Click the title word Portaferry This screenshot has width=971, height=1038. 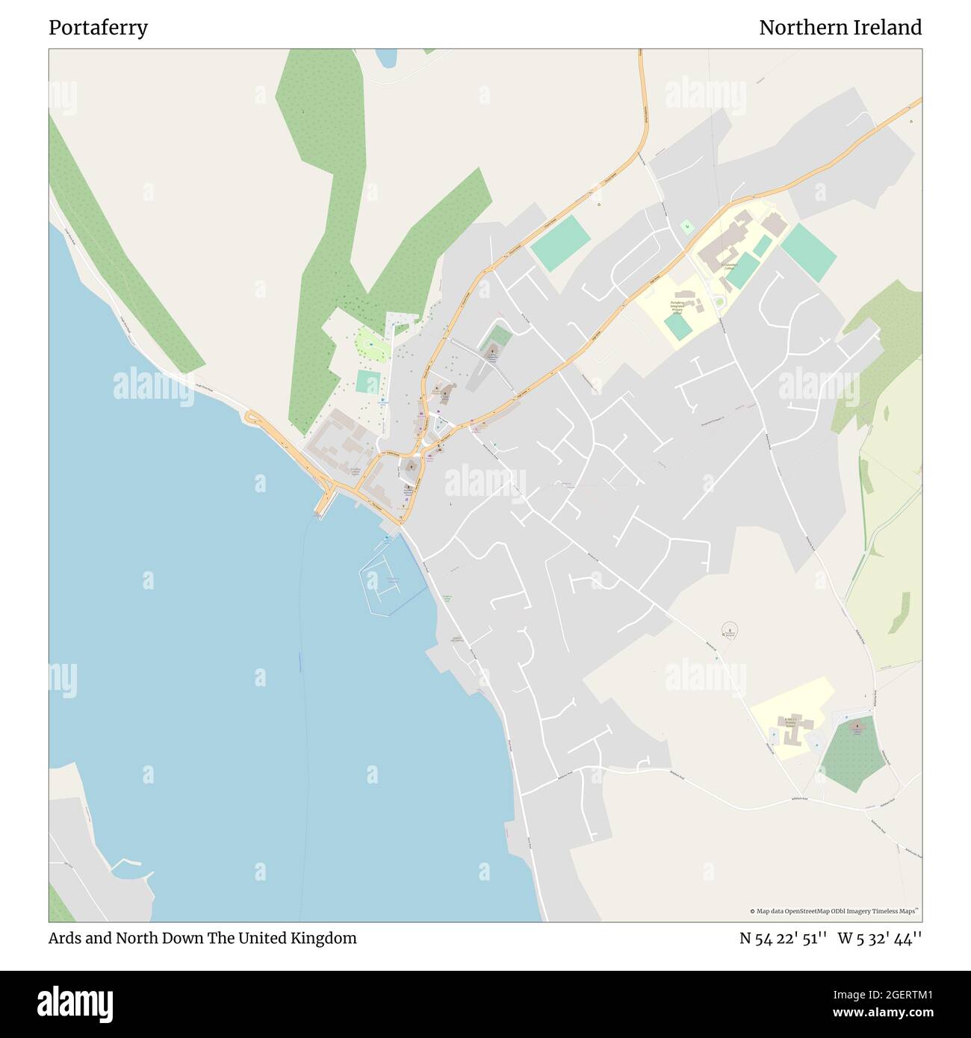pos(98,28)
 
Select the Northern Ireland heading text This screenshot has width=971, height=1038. pos(840,28)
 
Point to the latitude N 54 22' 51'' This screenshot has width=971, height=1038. pos(783,938)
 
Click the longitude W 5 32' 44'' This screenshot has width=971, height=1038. pos(879,938)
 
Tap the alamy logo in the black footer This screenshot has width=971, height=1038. pos(75,1002)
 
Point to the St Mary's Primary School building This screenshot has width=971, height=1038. pos(790,728)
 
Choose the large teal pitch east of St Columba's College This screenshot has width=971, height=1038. pos(808,252)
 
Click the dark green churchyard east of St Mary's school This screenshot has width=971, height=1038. pos(853,753)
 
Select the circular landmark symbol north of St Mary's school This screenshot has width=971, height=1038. pos(730,630)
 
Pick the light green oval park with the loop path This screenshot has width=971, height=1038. pos(371,346)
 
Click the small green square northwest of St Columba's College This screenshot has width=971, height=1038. pos(686,226)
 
